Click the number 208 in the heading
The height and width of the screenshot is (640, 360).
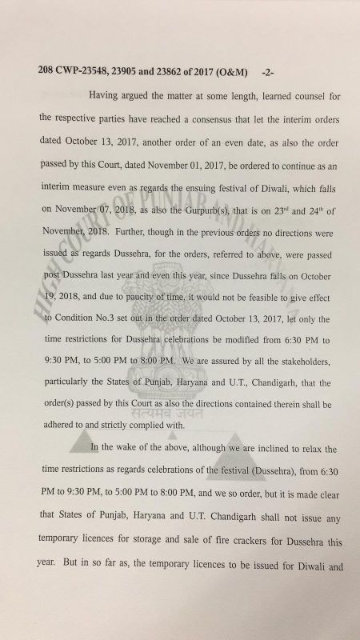(x=46, y=71)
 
